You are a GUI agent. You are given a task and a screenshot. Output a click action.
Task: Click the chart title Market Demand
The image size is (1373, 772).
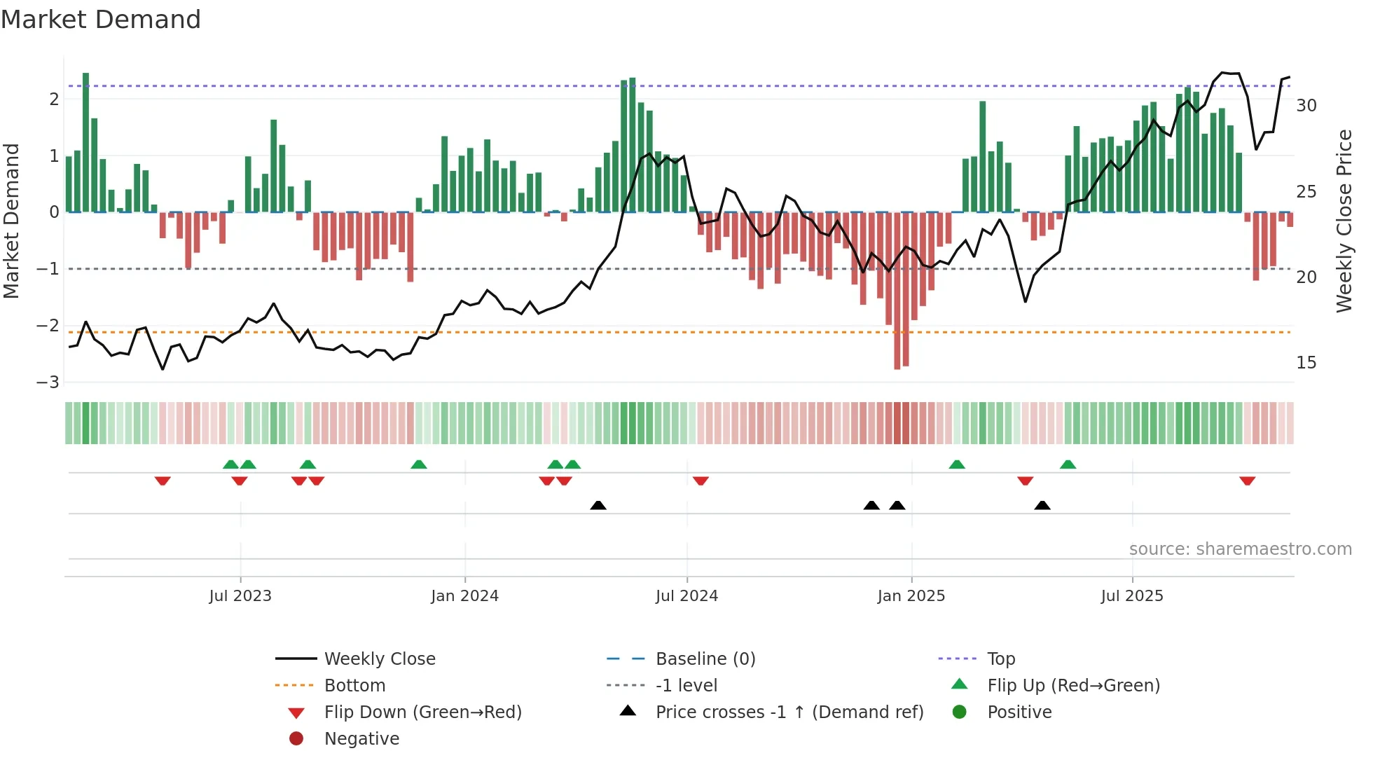[101, 20]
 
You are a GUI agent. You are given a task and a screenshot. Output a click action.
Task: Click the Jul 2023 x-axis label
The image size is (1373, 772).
[240, 596]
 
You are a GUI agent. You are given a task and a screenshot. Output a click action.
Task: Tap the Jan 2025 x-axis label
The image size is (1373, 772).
[911, 596]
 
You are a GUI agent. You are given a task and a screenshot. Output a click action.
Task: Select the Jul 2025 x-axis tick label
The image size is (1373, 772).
[1132, 596]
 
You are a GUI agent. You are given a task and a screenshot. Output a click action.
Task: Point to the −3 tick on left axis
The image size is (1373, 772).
[48, 382]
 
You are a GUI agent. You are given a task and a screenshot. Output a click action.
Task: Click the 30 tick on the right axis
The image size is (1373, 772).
[1306, 106]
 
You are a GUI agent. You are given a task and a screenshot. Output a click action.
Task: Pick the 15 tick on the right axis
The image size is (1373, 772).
[1306, 363]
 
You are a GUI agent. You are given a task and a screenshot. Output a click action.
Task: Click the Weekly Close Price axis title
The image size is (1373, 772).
[1344, 221]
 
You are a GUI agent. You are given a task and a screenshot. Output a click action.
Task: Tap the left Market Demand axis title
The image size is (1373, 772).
[12, 221]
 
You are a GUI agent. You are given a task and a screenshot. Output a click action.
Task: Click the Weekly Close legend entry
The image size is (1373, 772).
[379, 659]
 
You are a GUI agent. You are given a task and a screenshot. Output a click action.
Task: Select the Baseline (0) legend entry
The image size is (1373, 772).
[705, 659]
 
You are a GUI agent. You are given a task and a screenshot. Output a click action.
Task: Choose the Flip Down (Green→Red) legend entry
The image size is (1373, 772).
[422, 712]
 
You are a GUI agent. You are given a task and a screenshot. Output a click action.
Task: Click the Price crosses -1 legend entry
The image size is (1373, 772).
[789, 712]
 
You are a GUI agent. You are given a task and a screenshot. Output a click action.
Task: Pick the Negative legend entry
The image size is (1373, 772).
[361, 739]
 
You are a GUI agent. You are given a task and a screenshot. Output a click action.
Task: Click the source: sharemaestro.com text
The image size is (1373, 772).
[1240, 549]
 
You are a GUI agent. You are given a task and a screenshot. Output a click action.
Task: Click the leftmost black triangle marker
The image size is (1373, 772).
[598, 505]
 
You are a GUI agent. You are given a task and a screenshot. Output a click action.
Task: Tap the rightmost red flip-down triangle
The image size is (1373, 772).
[1247, 481]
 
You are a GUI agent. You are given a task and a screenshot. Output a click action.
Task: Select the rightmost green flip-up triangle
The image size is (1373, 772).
[1068, 464]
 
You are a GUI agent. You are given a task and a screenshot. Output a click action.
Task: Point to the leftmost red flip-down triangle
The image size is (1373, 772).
[163, 481]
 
